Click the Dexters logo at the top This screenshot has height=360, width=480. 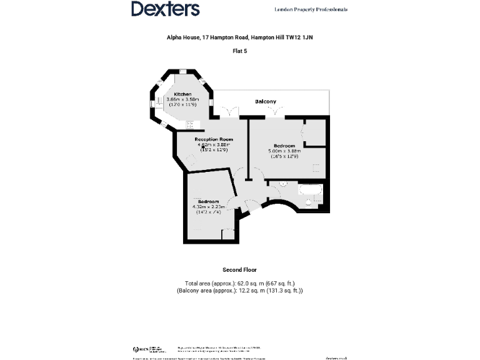pos(165,9)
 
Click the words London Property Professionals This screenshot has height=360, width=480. pos(311,9)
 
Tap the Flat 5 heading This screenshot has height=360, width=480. pos(240,51)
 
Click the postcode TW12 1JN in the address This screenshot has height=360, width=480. pos(302,37)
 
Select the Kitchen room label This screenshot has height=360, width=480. pos(182,94)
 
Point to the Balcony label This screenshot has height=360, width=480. pos(265,101)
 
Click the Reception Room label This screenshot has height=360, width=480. pos(213,139)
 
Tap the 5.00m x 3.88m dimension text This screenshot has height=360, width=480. pos(284,151)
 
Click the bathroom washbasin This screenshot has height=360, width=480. pos(282,184)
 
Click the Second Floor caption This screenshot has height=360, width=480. pos(240,270)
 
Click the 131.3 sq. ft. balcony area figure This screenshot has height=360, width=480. pos(285,291)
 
